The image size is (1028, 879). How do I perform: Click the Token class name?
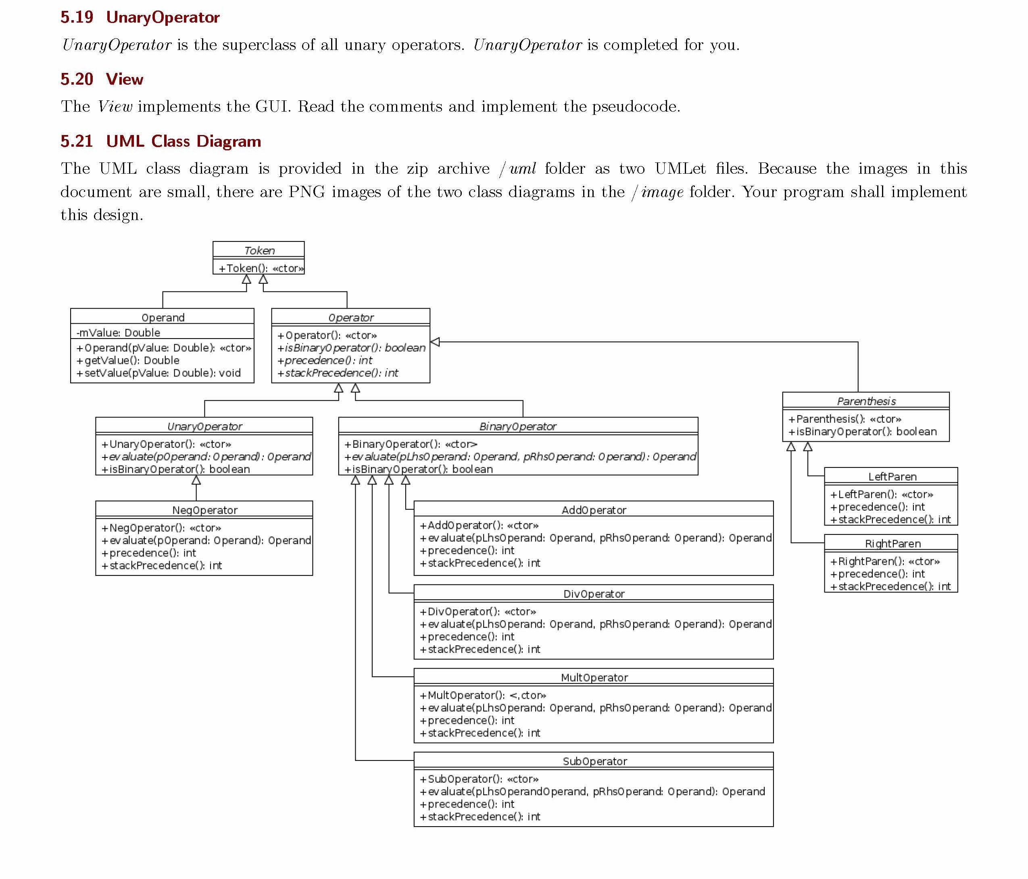259,250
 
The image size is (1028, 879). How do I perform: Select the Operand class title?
163,317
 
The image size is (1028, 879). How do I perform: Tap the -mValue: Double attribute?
118,332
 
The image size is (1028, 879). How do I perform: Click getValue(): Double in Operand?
128,360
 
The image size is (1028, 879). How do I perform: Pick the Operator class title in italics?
351,317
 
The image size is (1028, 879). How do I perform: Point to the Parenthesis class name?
866,401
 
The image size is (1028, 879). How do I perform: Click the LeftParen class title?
892,476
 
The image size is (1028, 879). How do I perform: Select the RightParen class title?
892,543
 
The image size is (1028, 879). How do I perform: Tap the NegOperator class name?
204,510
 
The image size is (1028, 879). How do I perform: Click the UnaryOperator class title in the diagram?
204,426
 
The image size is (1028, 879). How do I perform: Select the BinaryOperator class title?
517,426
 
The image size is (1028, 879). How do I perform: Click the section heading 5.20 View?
102,79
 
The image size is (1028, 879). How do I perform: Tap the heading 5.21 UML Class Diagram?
161,141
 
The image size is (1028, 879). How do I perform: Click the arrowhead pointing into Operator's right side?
435,342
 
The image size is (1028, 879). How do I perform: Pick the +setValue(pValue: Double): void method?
158,373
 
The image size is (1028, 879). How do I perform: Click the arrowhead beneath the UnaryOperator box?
196,480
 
